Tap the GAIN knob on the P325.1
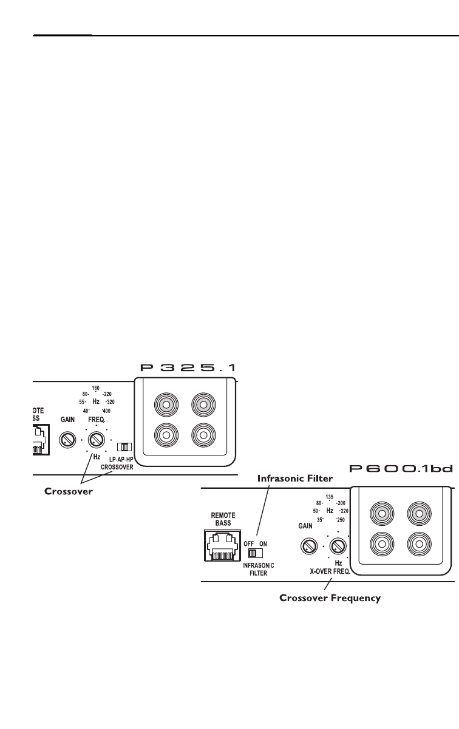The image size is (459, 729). [x=66, y=439]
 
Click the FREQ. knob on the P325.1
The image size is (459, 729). [x=95, y=438]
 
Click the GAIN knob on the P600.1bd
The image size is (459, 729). [x=308, y=547]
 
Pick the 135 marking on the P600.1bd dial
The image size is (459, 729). [x=330, y=496]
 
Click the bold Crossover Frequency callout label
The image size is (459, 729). [x=330, y=598]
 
